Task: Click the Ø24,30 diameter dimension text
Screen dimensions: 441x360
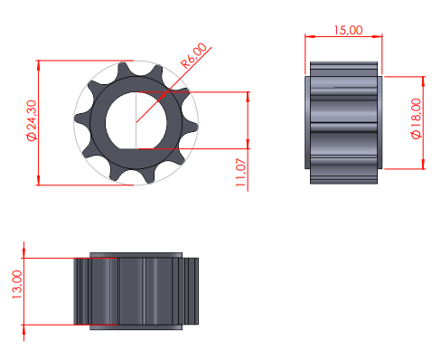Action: pyautogui.click(x=32, y=120)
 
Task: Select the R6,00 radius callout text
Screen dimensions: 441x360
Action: pyautogui.click(x=193, y=55)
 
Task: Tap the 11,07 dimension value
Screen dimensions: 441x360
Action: pyautogui.click(x=240, y=173)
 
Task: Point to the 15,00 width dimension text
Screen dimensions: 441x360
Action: pyautogui.click(x=348, y=30)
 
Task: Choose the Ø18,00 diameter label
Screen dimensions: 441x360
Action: pyautogui.click(x=416, y=118)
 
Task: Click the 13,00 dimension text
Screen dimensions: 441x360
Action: pyautogui.click(x=17, y=284)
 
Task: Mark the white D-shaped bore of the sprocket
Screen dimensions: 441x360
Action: pyautogui.click(x=136, y=120)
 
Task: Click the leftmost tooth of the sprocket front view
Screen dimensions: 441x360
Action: pyautogui.click(x=82, y=118)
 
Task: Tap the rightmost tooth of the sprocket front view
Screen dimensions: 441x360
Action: pyautogui.click(x=191, y=126)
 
